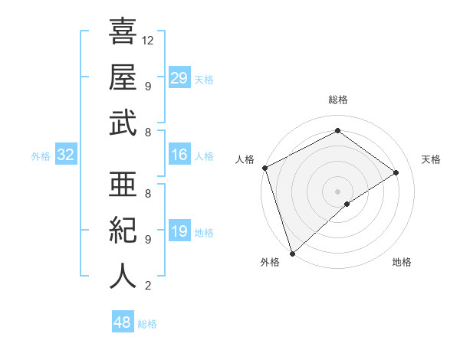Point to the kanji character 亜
click(x=123, y=184)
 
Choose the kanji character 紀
click(x=123, y=230)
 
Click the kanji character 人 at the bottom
click(x=123, y=277)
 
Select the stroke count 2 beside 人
click(x=148, y=286)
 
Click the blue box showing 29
click(x=179, y=77)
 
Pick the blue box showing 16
click(x=179, y=155)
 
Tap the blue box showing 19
click(x=179, y=232)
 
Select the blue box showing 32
click(x=66, y=155)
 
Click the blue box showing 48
click(x=123, y=322)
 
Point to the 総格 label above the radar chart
click(x=337, y=100)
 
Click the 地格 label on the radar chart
click(x=402, y=262)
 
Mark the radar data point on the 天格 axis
click(x=396, y=172)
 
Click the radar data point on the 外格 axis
click(x=292, y=253)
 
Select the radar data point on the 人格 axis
click(x=264, y=168)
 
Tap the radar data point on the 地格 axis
click(x=347, y=204)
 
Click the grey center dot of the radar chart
click(x=337, y=191)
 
